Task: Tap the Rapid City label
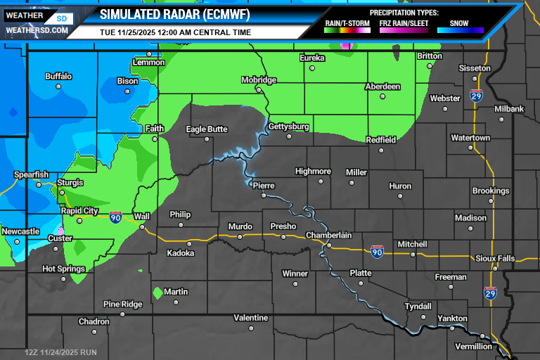click(79, 210)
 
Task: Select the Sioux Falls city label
click(495, 258)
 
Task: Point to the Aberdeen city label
click(382, 86)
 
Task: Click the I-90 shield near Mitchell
click(377, 250)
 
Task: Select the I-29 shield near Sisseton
click(476, 96)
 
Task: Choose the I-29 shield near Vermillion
click(490, 292)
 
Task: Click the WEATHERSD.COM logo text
click(37, 30)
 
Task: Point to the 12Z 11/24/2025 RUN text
click(60, 352)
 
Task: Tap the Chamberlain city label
click(328, 236)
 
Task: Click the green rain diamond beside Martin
click(157, 292)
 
